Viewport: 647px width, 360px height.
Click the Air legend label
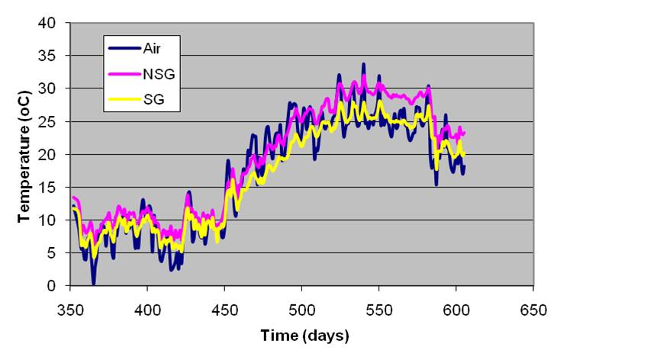152,47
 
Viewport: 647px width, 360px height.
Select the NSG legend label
156,73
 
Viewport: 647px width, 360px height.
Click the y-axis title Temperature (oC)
24,154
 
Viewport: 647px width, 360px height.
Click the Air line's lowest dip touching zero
93,284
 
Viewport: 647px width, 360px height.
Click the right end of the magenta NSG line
464,133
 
